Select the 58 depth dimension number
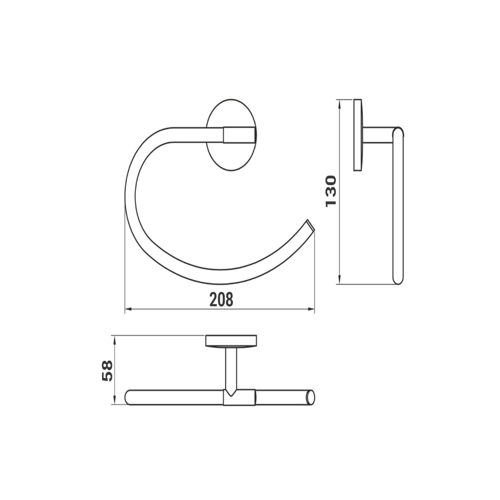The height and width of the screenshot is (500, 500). point(107,370)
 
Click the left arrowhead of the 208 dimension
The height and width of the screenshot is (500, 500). point(128,309)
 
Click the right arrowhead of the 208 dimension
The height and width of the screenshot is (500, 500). point(312,309)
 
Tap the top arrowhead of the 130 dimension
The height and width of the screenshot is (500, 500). point(339,102)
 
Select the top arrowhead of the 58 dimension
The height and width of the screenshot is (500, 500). point(114,338)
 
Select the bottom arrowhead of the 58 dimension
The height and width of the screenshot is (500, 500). point(114,402)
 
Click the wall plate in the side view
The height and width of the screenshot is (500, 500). point(358,135)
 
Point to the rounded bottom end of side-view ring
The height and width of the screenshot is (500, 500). point(398,279)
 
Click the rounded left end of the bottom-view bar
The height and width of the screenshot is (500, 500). point(129,397)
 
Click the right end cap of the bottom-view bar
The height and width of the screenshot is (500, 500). point(309,397)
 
